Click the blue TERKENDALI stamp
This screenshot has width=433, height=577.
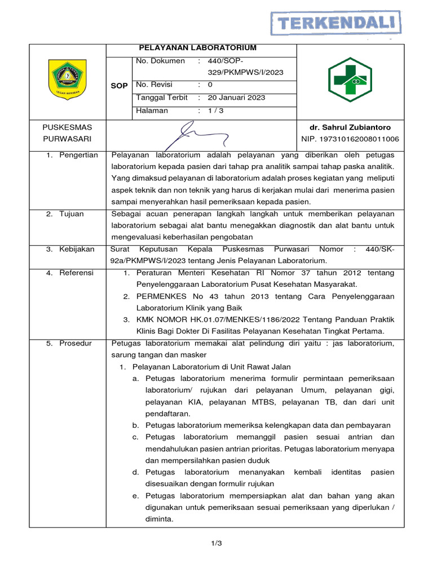[337, 24]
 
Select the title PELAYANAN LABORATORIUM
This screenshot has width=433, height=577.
[201, 48]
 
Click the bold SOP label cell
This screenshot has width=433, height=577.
[120, 86]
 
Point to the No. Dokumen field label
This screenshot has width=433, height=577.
[160, 61]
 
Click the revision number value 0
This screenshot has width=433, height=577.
[210, 85]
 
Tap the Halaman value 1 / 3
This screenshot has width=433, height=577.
[215, 110]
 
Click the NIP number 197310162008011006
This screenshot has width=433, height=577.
[350, 139]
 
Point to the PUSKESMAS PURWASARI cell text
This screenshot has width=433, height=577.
[68, 133]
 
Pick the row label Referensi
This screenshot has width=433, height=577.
[77, 273]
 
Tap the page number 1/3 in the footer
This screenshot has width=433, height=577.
[216, 543]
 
